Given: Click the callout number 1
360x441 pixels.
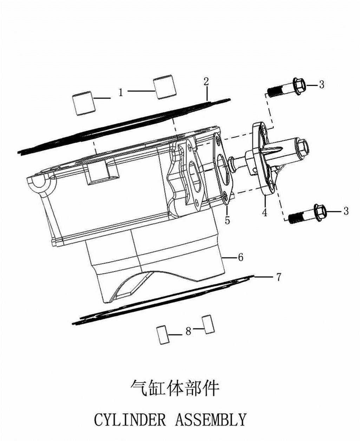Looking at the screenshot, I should pos(121,92).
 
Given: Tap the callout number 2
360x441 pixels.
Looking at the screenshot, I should pos(206,82).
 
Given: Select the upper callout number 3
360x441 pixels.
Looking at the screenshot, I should pos(322,84).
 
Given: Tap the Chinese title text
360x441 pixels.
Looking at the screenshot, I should pos(174,389).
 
